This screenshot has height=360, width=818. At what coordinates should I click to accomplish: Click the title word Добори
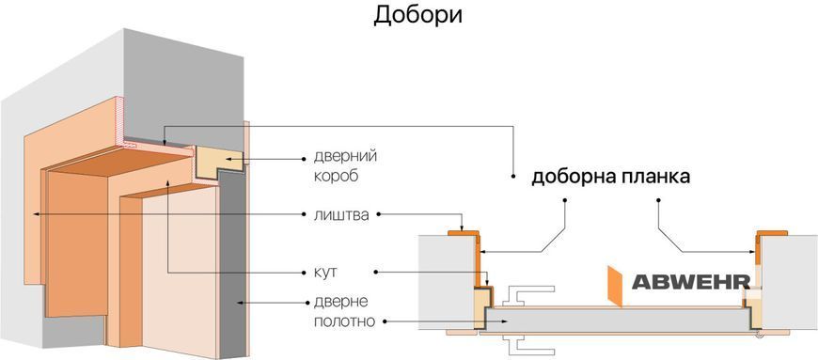coord(417,16)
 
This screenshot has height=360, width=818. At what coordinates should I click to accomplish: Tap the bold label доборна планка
coord(611,178)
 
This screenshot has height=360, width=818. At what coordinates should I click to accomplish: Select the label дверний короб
coord(346,166)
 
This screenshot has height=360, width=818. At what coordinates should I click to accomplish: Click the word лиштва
coord(341,214)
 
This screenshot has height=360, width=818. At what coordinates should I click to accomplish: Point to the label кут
coord(325,273)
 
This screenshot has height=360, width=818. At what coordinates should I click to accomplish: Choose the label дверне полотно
coord(344,311)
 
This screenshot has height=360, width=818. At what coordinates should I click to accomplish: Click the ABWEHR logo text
coord(691,282)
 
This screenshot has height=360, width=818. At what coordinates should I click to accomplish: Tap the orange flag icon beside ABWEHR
coord(616,286)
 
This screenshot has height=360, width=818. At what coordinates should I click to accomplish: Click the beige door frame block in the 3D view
coord(218,162)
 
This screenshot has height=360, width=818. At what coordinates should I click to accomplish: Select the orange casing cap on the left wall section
coord(464,232)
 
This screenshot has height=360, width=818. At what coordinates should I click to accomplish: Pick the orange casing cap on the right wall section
coord(772,232)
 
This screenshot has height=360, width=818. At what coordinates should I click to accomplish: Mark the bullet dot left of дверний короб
coord(304,158)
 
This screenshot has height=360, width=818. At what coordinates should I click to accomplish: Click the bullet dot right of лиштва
coord(379,214)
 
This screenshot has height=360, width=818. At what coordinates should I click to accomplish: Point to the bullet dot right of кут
coord(375,273)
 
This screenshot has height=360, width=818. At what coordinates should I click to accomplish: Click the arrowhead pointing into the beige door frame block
coord(228,158)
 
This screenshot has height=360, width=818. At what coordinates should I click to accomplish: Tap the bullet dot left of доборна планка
coord(513,178)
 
